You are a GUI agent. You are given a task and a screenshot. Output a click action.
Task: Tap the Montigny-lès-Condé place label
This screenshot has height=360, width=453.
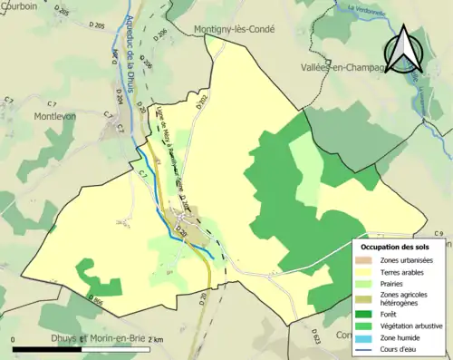coord(234,29)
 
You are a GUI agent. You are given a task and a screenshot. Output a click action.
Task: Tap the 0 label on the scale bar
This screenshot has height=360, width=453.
coord(14,339)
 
